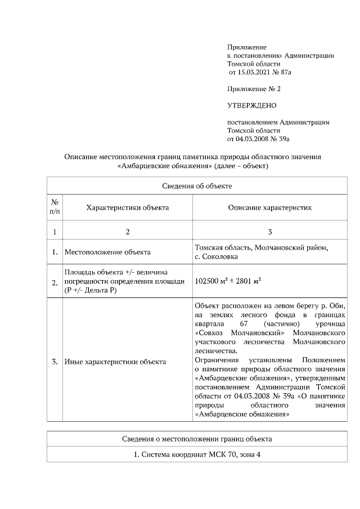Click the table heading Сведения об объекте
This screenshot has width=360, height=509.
point(197,185)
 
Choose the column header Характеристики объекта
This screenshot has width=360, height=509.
point(127,208)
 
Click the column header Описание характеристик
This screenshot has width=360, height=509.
point(269,208)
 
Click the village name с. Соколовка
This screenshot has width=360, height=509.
point(217,256)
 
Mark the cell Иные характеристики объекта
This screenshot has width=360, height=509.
point(115,362)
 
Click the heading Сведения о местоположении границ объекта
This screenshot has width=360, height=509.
point(197,438)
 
